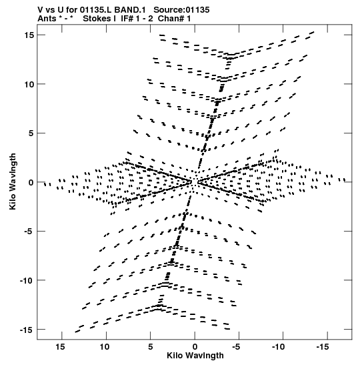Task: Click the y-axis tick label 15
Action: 29,35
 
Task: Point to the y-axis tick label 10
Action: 29,84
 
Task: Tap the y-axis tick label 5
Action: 31,133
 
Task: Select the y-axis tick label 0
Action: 31,182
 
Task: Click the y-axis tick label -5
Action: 30,232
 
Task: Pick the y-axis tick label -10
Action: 27,280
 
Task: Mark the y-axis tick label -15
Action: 27,330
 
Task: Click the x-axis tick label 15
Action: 60,347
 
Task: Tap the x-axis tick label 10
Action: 105,347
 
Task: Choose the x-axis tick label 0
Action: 195,347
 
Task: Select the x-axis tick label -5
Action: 236,347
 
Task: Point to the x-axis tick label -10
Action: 279,347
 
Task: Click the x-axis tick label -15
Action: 323,347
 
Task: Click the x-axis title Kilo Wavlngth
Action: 195,356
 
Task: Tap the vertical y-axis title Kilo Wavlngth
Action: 13,181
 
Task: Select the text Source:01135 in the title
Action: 181,10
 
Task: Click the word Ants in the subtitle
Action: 47,19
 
